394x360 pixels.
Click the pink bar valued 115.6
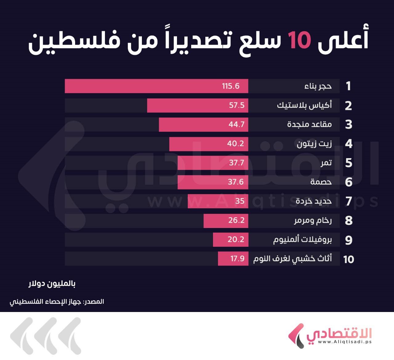(156, 86)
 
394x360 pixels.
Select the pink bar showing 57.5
(198, 106)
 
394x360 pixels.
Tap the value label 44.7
(236, 125)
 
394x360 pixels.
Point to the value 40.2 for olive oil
(235, 144)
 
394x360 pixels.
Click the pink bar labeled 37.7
(213, 163)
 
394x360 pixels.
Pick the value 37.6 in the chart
(235, 182)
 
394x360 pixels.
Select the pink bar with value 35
(218, 201)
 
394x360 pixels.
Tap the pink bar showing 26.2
(226, 220)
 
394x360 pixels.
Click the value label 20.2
(236, 239)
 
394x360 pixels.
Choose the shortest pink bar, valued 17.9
(233, 258)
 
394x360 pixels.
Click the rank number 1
(348, 86)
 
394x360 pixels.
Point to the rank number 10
(348, 259)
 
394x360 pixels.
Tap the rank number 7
(348, 201)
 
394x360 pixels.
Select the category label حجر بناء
(318, 86)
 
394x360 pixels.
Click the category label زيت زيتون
(314, 144)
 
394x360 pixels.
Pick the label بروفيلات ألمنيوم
(303, 240)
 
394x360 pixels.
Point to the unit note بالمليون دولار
(52, 284)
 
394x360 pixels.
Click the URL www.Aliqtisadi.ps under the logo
(345, 342)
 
